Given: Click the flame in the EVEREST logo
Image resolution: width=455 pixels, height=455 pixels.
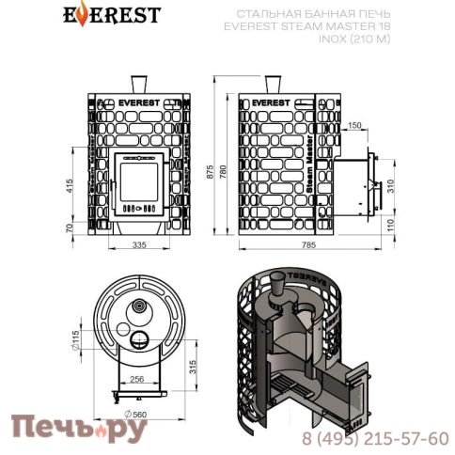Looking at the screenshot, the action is point(83,13).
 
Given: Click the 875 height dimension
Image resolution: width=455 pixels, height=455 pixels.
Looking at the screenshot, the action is point(210,172).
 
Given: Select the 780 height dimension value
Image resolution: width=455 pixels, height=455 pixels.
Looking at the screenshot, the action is point(222,172).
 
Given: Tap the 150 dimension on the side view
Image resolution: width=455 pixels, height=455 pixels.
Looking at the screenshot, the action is point(354,125).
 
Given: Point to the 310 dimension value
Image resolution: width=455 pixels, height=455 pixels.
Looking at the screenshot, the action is point(390,186).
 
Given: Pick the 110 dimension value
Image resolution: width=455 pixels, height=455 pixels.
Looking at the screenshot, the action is point(390,226).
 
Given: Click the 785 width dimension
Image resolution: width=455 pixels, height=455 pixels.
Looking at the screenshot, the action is point(308,244).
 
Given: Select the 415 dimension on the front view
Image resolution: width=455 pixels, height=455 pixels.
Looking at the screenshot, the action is point(70,186).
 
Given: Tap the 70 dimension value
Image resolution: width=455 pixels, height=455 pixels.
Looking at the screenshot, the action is point(70,227).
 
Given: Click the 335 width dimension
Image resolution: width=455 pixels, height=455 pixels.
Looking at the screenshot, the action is point(139,244).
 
